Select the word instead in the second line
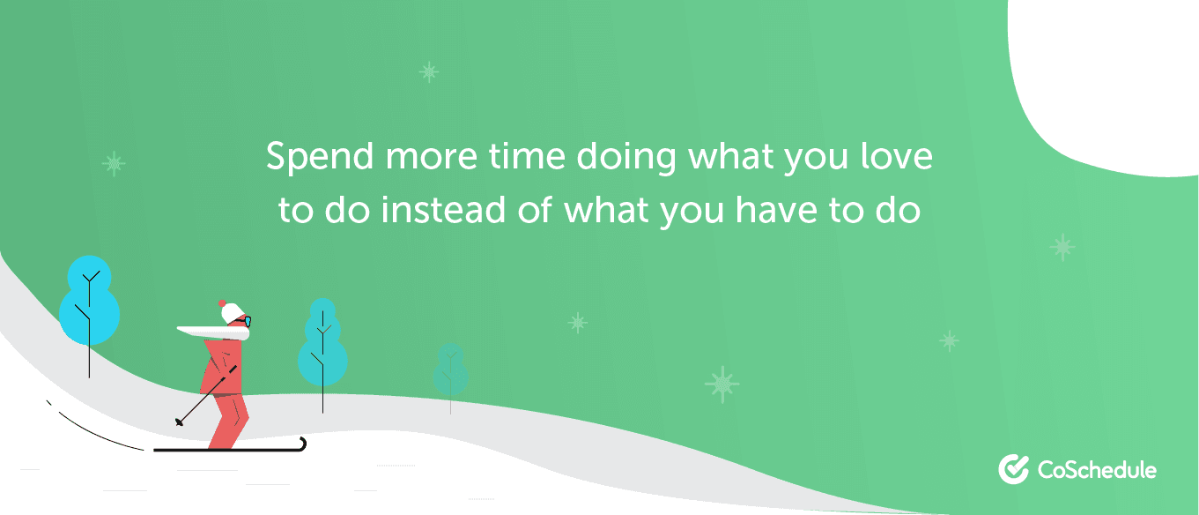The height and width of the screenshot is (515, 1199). [x=443, y=209]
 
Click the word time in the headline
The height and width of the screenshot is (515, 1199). [x=527, y=155]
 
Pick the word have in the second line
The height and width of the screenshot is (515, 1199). [x=776, y=209]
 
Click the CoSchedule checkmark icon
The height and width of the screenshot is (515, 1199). [x=1013, y=469]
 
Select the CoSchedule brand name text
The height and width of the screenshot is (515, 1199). [x=1097, y=470]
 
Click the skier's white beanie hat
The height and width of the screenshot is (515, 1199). [x=233, y=312]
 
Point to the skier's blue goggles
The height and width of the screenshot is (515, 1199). [x=247, y=322]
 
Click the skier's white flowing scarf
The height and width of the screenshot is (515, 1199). [x=214, y=332]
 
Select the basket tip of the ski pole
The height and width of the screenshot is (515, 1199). [x=179, y=422]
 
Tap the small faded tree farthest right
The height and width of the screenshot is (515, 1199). [x=451, y=370]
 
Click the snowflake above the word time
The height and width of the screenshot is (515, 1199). [x=429, y=71]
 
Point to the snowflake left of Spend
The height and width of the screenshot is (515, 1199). [x=114, y=163]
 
